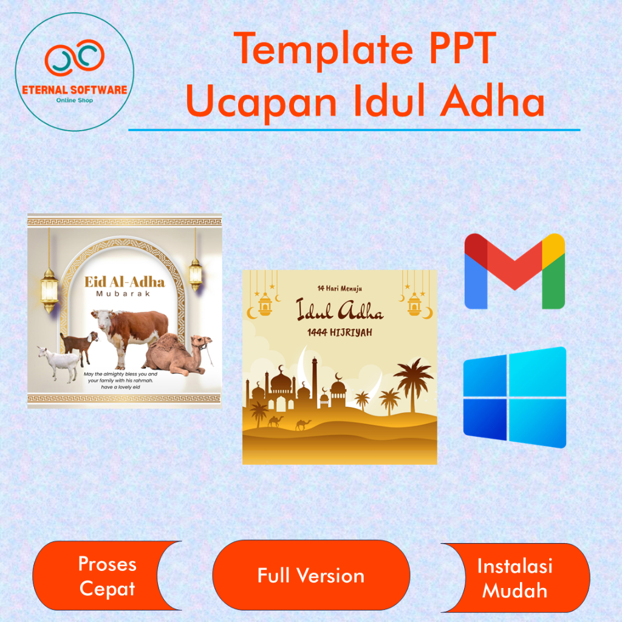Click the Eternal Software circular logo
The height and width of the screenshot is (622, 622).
74,72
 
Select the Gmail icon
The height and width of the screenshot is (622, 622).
514,271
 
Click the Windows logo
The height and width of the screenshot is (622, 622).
514,397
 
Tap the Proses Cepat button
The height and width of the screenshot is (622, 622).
107,576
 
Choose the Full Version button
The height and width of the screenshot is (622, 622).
311,575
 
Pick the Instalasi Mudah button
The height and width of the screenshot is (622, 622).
515,578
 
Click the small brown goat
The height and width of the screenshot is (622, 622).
79,342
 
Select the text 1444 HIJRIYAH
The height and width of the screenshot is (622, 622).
340,333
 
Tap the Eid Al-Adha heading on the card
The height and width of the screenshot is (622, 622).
124,282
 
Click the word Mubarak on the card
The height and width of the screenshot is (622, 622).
124,295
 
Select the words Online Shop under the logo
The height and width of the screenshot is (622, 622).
74,100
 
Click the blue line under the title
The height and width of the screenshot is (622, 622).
354,129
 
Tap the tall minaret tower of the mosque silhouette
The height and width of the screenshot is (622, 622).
315,383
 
